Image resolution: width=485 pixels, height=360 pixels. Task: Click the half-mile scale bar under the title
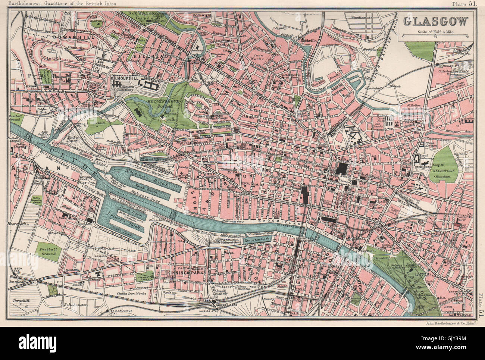[x=435, y=36]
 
